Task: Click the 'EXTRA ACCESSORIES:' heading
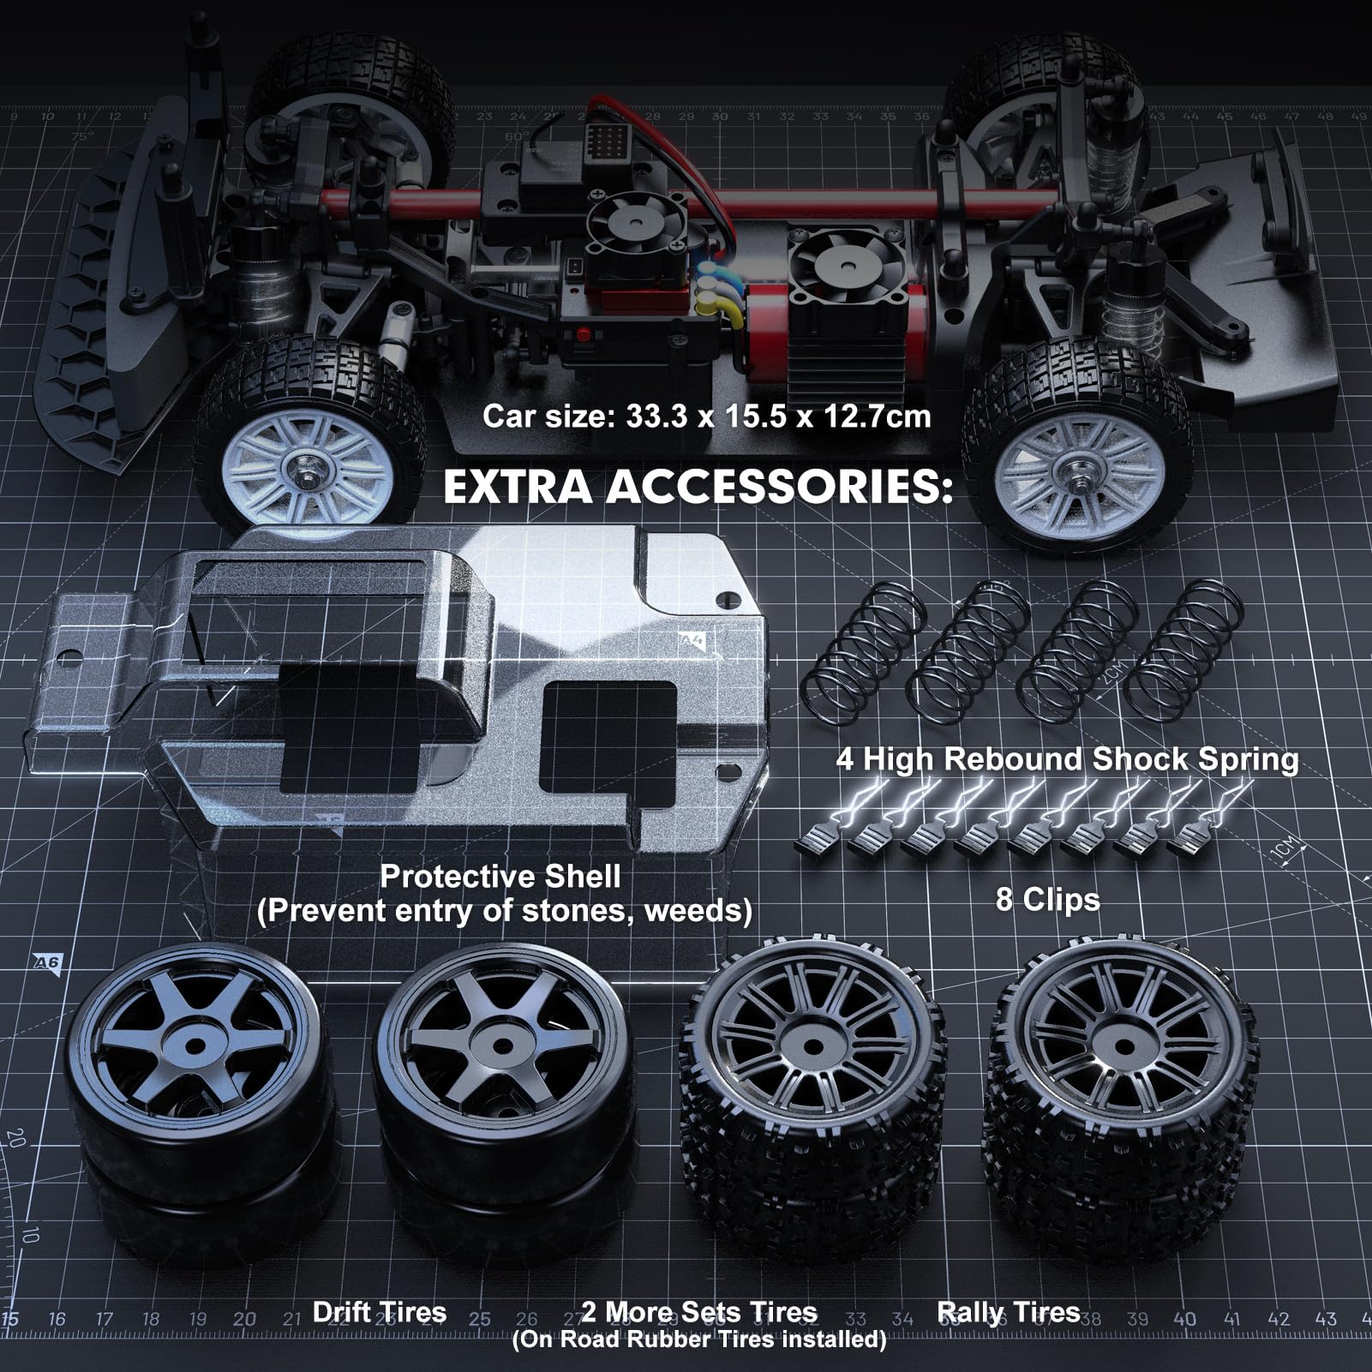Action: pyautogui.click(x=697, y=487)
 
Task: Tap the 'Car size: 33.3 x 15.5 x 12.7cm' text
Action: pyautogui.click(x=706, y=416)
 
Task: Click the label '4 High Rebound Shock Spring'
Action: pyautogui.click(x=1066, y=759)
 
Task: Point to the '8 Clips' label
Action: pyautogui.click(x=1047, y=899)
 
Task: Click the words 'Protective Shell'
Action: pyautogui.click(x=500, y=876)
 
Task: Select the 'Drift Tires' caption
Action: pyautogui.click(x=379, y=1311)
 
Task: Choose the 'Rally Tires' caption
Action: pyautogui.click(x=1008, y=1311)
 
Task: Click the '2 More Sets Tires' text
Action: pyautogui.click(x=698, y=1312)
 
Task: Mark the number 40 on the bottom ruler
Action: pyautogui.click(x=1185, y=1318)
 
